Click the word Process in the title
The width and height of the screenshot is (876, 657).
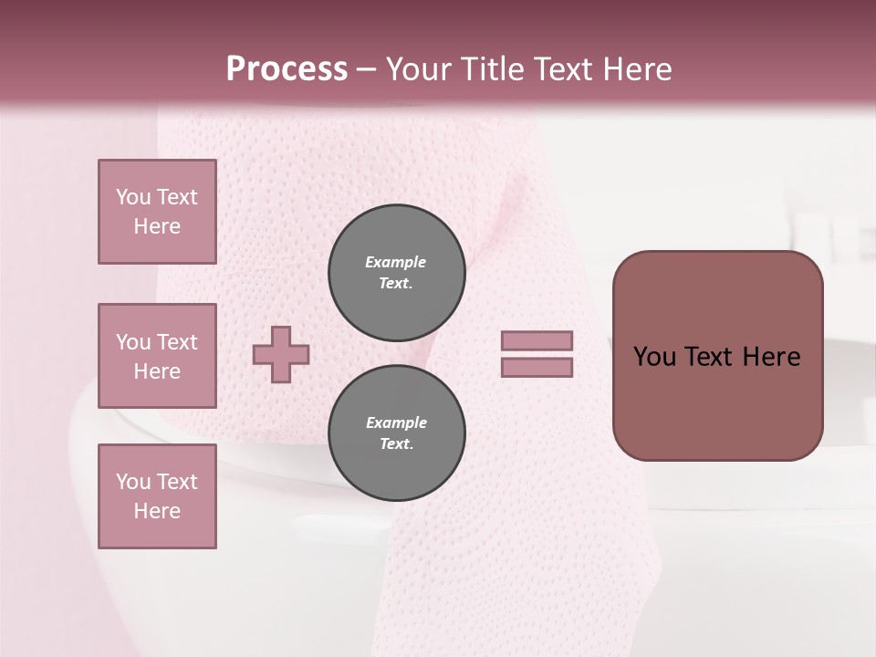point(287,69)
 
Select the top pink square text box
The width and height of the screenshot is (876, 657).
point(157,212)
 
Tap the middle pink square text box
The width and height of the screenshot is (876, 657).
point(157,356)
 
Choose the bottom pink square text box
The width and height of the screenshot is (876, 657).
point(157,496)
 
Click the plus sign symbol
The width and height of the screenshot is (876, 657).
point(281,354)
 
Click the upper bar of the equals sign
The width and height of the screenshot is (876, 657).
point(537,340)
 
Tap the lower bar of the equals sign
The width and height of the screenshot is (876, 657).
point(537,368)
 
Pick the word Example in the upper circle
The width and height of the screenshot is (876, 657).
point(396,262)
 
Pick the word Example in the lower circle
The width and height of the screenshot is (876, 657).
point(396,422)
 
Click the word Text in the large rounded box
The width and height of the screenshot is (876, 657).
point(710,357)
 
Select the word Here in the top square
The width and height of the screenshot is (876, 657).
point(157,226)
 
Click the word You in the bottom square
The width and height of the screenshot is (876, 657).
point(133,482)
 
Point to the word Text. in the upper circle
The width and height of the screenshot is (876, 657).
point(396,283)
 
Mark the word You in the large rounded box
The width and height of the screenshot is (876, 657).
point(654,357)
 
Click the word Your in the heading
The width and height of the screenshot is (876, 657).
point(417,69)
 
